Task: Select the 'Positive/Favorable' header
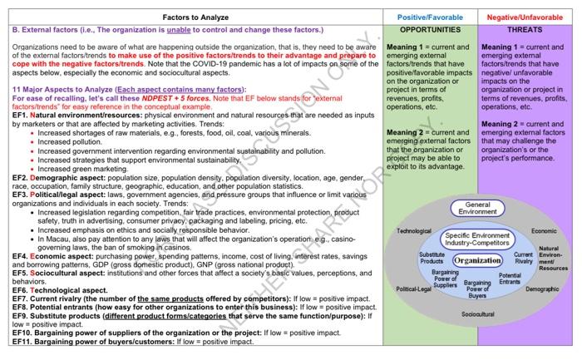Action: pyautogui.click(x=432, y=15)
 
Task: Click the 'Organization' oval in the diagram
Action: pyautogui.click(x=477, y=260)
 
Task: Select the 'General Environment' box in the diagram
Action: pyautogui.click(x=476, y=209)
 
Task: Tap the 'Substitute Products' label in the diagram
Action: pyautogui.click(x=432, y=258)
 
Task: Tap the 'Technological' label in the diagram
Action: pyautogui.click(x=414, y=230)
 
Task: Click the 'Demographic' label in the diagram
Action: pyautogui.click(x=542, y=288)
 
